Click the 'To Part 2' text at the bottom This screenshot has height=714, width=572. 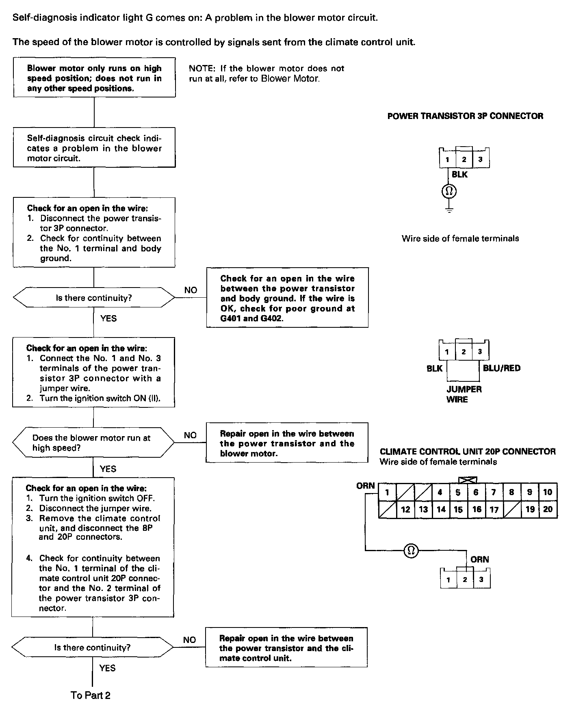[x=90, y=695]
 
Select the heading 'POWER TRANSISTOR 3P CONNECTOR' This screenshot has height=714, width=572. [x=465, y=116]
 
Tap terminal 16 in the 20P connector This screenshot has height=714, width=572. [x=477, y=509]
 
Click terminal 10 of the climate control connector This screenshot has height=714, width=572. [x=548, y=492]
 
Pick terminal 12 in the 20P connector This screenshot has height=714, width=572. [x=405, y=509]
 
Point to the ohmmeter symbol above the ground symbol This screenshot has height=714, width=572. [x=449, y=191]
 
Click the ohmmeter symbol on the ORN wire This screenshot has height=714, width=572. [x=411, y=550]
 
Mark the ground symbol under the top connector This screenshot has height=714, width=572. [x=449, y=210]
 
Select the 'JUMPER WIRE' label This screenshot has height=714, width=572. [x=464, y=394]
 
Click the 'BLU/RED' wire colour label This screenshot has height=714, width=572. [x=501, y=368]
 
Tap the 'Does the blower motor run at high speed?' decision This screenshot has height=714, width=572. [x=94, y=443]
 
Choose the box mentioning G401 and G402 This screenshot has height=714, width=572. [x=287, y=298]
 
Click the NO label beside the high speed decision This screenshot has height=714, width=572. [x=190, y=435]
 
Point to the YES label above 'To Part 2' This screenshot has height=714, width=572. [x=107, y=668]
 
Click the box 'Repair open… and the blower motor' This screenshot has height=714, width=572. [x=287, y=443]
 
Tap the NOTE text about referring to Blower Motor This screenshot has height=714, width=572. [x=266, y=74]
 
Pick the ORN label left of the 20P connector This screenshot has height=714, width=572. [x=365, y=486]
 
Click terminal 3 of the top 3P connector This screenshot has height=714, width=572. [x=480, y=160]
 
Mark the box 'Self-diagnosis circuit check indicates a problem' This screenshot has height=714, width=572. [x=94, y=148]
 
